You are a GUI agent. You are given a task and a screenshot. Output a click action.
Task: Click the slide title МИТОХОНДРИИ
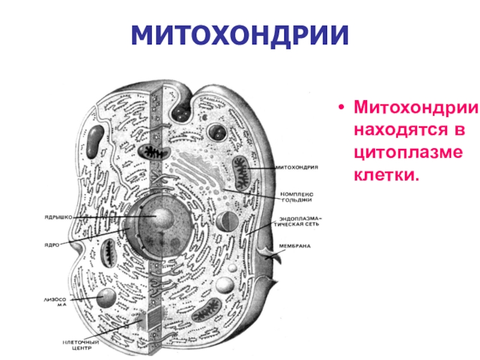(x=240, y=37)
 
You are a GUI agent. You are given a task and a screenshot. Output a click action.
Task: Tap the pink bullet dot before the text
(x=341, y=109)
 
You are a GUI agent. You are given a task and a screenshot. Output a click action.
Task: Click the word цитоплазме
(x=409, y=152)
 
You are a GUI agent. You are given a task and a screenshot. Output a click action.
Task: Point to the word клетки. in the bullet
(x=385, y=174)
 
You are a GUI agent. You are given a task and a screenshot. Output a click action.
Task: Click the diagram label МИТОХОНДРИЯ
(x=296, y=167)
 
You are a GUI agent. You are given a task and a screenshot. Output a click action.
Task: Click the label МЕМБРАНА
(x=295, y=246)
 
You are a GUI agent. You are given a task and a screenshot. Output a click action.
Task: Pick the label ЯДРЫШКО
(x=58, y=217)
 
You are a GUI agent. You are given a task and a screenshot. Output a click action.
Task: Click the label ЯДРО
(x=51, y=244)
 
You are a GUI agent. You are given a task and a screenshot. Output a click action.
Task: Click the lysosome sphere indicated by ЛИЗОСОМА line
(x=107, y=296)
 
